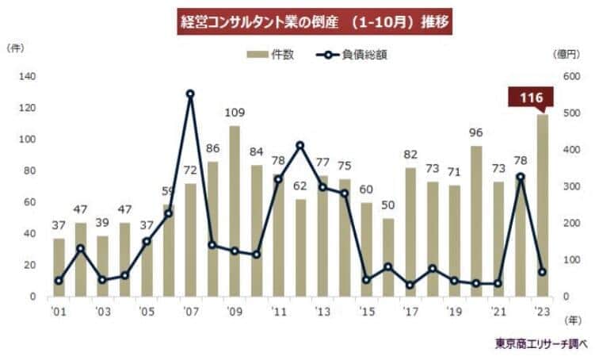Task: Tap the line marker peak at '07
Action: coord(190,94)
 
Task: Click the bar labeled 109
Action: coord(235,210)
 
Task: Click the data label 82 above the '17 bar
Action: coord(410,155)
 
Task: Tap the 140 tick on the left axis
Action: coord(27,76)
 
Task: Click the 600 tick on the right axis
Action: coord(570,76)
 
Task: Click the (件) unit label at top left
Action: coord(16,48)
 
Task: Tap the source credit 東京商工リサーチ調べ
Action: coord(542,344)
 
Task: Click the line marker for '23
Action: coord(542,272)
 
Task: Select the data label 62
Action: coord(300,186)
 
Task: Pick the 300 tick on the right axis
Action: coord(570,186)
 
